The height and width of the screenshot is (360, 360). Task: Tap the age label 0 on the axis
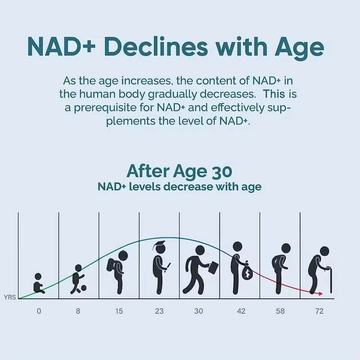pos(39,311)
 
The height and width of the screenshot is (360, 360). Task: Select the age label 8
pos(78,311)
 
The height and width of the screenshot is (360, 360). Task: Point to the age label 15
pos(119,311)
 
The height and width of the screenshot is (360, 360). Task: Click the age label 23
pos(159,311)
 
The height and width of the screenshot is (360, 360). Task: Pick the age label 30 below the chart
pos(199,311)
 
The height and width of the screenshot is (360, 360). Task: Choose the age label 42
pos(240,311)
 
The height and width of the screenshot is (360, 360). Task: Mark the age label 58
pos(280,311)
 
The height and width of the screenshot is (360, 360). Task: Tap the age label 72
pos(319,311)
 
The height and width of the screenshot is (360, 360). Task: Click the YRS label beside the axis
pos(9,297)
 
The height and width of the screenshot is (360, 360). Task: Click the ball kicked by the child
pos(83,288)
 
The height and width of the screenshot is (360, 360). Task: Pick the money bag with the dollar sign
pos(247,273)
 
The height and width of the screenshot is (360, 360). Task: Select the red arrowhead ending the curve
pos(320,294)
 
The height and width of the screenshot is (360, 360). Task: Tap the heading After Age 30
pos(179,171)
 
